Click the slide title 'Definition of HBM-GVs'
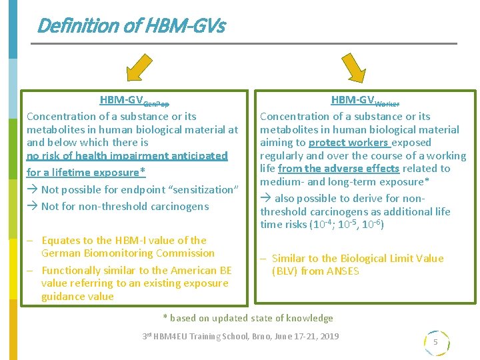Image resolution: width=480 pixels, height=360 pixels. [131, 26]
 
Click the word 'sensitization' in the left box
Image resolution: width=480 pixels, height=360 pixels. [204, 190]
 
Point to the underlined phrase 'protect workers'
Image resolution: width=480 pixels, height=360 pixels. [348, 143]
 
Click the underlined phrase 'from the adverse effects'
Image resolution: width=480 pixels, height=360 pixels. [339, 169]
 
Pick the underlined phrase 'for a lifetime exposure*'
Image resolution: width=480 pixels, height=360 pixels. [86, 173]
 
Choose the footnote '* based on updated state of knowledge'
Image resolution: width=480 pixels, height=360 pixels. [249, 319]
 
